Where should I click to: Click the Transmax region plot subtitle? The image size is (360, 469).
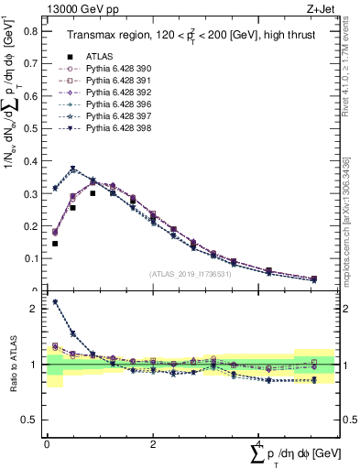pos(192,36)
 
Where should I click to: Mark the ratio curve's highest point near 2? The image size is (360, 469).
pos(55,301)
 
